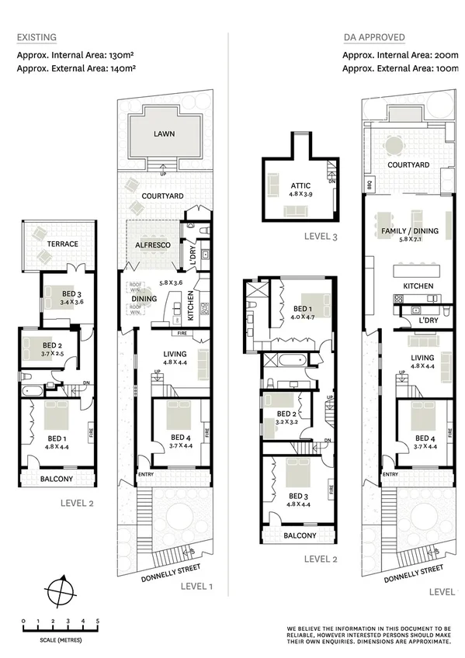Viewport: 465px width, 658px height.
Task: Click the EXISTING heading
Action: pos(36,37)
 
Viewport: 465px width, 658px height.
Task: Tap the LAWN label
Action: pos(164,133)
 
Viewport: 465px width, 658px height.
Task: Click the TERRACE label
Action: pos(62,244)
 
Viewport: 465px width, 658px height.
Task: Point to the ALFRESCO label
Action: pos(153,244)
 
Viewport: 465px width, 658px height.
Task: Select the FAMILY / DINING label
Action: pos(410,230)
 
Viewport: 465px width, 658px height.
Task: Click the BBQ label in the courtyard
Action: pos(369,184)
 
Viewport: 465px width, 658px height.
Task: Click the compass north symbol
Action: pos(61,593)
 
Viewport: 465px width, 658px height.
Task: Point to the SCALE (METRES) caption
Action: pos(61,640)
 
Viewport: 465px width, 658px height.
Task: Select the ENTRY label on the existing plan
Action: pos(145,474)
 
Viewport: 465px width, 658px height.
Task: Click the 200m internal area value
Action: pos(448,54)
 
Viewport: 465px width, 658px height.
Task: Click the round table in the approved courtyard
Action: pos(396,145)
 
